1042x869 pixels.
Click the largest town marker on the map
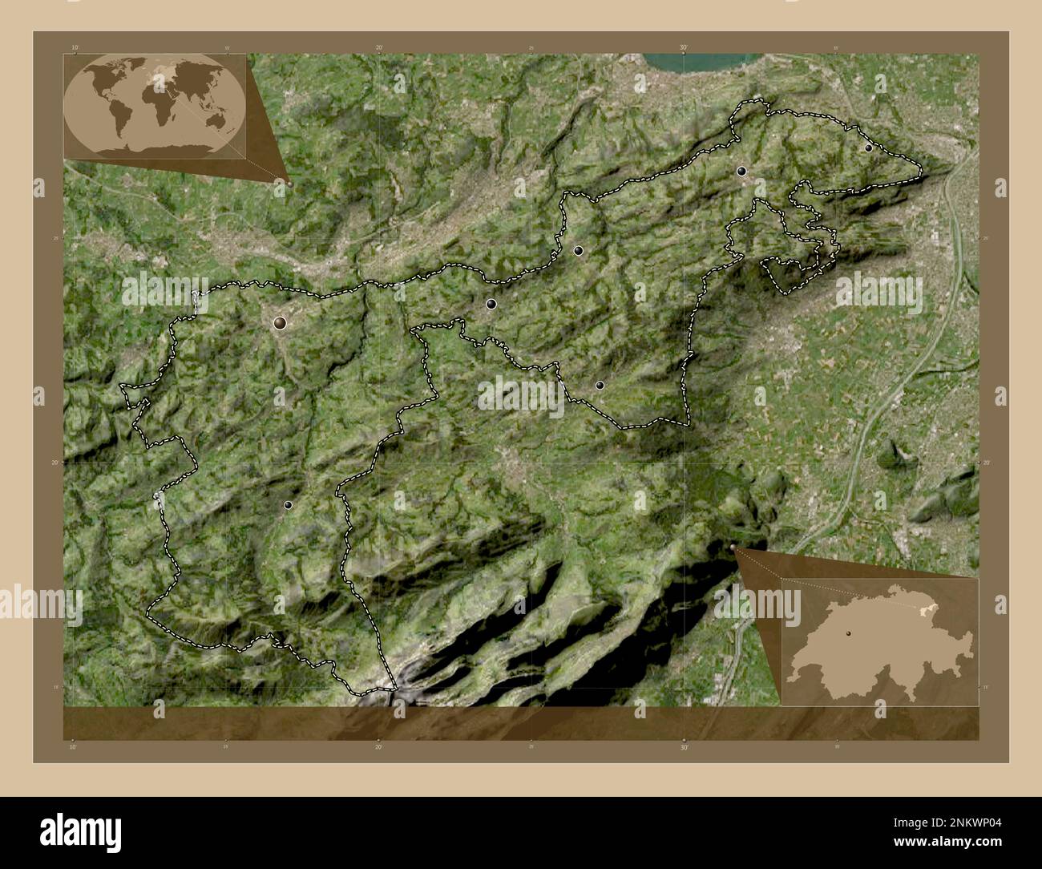[280, 323]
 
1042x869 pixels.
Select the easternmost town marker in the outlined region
[868, 148]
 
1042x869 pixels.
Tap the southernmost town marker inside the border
[288, 505]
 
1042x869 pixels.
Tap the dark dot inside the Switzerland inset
[848, 633]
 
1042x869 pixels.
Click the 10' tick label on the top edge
[74, 48]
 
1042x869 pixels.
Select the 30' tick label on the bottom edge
[684, 747]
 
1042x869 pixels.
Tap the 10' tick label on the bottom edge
[74, 747]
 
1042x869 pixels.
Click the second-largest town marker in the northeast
[741, 171]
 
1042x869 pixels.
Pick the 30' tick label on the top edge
[684, 48]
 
